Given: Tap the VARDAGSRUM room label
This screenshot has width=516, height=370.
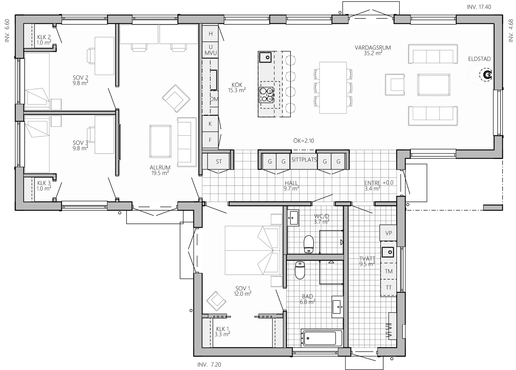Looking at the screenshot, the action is click(373, 48).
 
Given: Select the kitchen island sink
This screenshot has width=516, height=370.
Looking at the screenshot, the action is click(265, 57).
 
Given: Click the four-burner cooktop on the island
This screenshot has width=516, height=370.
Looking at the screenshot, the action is click(266, 95).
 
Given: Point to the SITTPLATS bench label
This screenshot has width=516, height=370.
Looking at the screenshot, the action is click(304, 160).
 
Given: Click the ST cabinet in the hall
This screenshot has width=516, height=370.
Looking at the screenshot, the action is click(219, 161).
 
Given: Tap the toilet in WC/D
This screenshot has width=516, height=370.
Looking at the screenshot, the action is click(309, 244).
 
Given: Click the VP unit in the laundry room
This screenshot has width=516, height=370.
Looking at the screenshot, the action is click(388, 233).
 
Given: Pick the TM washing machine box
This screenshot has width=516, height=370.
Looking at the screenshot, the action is click(389, 271).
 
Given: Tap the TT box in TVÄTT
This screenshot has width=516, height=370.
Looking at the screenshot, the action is click(389, 288).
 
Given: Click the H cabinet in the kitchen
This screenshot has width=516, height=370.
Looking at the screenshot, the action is click(210, 34).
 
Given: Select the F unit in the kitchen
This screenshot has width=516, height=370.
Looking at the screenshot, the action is click(210, 140).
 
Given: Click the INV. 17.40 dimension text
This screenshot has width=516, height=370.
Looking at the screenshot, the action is click(479, 7).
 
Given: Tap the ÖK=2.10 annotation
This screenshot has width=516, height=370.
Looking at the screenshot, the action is click(304, 141).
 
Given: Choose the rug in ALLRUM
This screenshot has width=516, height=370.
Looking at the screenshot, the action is click(160, 141).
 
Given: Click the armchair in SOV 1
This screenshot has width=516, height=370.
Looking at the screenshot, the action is click(216, 302).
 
